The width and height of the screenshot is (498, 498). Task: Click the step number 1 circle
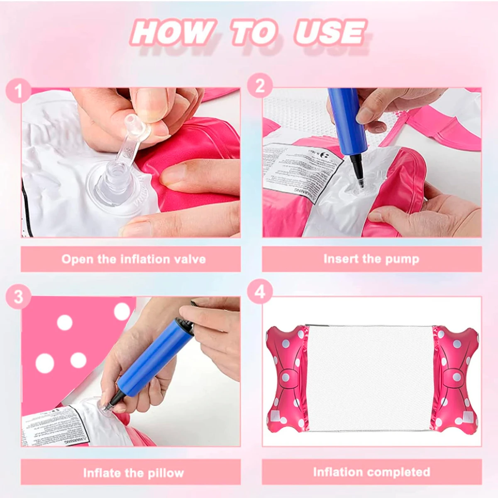[18, 91]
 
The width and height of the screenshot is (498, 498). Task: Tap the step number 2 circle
[260, 86]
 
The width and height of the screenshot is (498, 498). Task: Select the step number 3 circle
[18, 298]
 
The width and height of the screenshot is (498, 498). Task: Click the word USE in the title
[330, 32]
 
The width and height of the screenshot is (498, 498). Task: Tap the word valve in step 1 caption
[190, 259]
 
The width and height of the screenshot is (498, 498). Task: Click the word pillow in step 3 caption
[166, 473]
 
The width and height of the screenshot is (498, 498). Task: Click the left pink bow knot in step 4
[290, 378]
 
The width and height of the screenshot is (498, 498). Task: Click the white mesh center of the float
[371, 378]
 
